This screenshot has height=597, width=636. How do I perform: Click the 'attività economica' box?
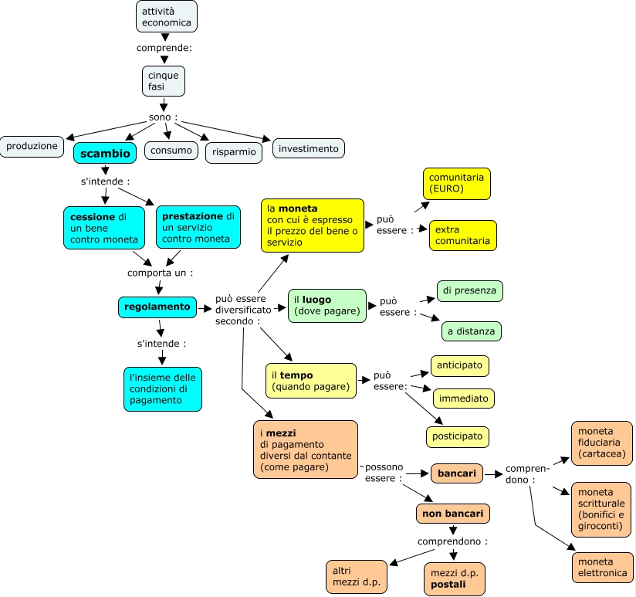(166, 16)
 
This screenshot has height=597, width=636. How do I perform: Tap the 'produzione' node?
(32, 145)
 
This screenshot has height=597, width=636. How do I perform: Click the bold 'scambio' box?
(106, 153)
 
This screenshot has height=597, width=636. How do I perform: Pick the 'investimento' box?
(308, 148)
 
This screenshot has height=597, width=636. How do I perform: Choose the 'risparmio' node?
(233, 151)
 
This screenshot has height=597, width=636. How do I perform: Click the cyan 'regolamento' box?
(157, 307)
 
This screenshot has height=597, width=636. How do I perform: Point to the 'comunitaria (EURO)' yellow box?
(456, 183)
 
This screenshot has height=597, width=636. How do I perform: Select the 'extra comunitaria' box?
(462, 235)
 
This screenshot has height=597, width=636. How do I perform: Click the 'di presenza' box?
(469, 290)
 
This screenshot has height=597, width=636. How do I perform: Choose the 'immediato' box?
(463, 399)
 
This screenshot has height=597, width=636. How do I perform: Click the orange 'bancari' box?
(457, 472)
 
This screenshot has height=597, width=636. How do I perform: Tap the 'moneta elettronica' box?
(601, 567)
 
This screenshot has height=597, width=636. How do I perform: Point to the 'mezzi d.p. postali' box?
(455, 578)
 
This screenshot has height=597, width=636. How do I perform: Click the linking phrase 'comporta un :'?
(160, 273)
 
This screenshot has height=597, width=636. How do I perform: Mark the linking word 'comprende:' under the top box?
(164, 48)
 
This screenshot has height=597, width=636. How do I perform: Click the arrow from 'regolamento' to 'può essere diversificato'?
(205, 308)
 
